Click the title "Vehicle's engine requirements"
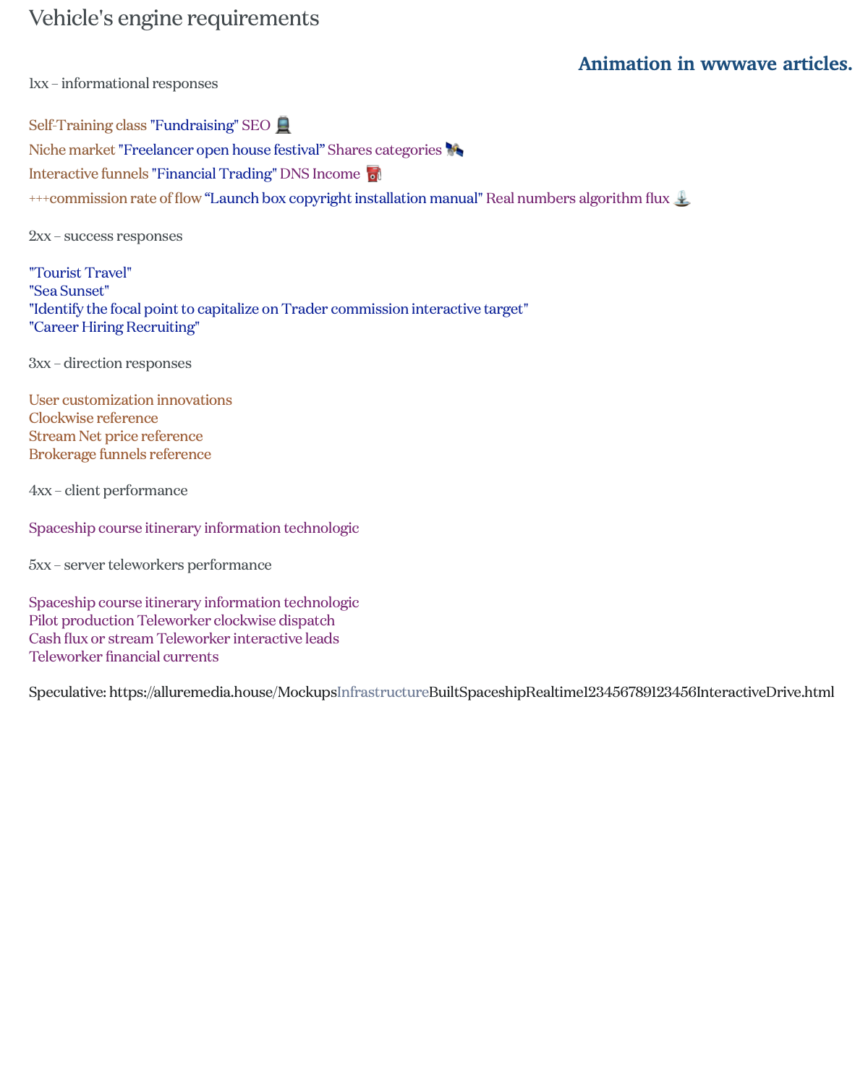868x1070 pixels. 174,19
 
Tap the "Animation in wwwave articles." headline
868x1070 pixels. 715,64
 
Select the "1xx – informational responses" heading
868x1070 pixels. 123,84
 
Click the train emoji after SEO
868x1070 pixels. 283,125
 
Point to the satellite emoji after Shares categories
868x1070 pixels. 454,150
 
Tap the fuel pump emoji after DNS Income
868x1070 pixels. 373,174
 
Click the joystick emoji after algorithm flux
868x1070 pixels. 681,198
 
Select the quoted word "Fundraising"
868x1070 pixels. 194,126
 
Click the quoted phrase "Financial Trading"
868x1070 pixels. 214,174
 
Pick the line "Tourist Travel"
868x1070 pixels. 80,273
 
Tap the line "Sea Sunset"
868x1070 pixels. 69,291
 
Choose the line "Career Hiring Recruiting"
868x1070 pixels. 114,327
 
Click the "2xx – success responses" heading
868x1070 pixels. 106,236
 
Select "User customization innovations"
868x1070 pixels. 130,400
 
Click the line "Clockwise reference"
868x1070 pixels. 93,418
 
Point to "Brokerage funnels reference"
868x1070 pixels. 120,454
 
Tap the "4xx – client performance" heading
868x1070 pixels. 108,491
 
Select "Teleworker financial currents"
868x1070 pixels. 124,656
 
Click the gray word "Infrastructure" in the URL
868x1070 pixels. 383,693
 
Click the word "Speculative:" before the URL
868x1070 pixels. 67,693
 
